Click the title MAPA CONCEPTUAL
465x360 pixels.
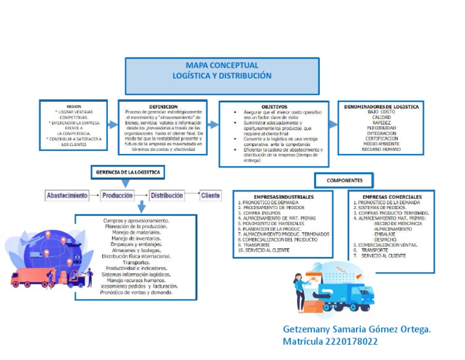coord(222,65)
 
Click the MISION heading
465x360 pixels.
coord(74,105)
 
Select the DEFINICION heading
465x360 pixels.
coord(163,107)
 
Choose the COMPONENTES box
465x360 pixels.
coord(345,181)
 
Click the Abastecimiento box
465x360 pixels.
coord(67,196)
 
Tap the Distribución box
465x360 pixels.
coord(167,196)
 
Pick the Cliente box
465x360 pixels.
coord(211,196)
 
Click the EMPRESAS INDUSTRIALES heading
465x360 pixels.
coord(283,197)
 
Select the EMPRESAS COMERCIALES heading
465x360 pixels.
coord(392,197)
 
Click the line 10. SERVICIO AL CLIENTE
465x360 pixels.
coord(264,250)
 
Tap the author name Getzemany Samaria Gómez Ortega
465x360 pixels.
coord(357,329)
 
